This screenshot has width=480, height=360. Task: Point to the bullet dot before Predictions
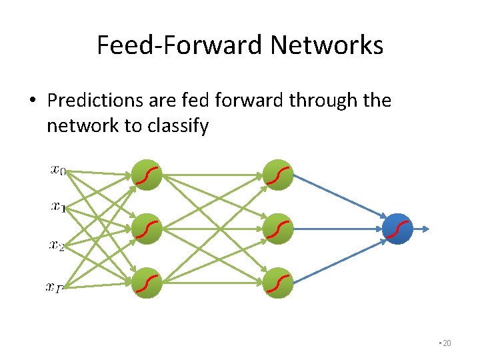(32, 101)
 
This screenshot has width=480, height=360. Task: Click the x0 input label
(58, 171)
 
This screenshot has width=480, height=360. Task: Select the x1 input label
(58, 207)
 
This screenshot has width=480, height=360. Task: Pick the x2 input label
(57, 245)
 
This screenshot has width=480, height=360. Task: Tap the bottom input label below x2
(55, 287)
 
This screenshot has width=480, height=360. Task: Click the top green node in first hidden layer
(147, 175)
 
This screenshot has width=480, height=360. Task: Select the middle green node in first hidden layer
(147, 229)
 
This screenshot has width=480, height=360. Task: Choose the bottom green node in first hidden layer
(147, 283)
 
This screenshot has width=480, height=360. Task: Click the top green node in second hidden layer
(278, 175)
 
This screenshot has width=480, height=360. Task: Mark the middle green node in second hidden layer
(278, 229)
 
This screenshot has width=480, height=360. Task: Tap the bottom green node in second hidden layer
(278, 283)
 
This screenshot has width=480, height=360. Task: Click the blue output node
(399, 229)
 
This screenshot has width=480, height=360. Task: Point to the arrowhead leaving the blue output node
(426, 229)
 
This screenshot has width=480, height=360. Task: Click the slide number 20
(446, 343)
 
